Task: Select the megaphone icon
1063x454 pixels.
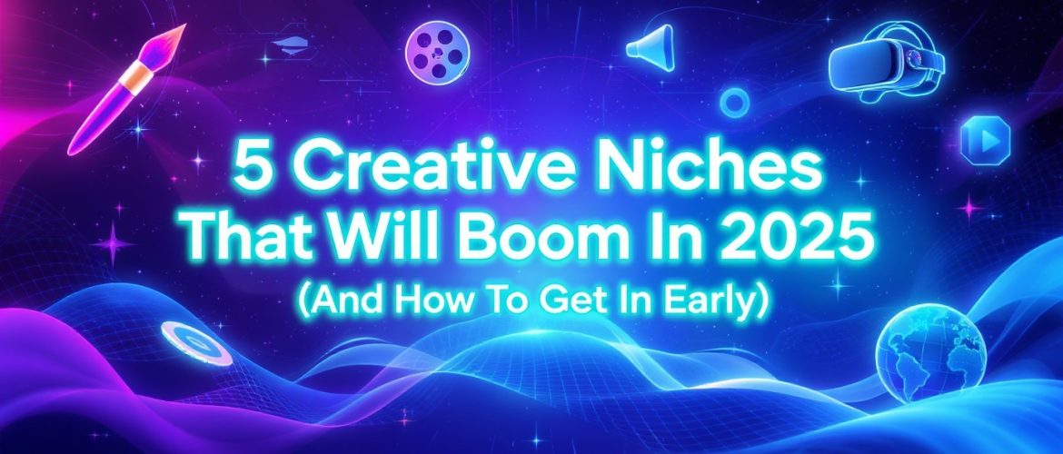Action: [x=651, y=46]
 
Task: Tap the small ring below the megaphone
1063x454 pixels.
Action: [x=732, y=101]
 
